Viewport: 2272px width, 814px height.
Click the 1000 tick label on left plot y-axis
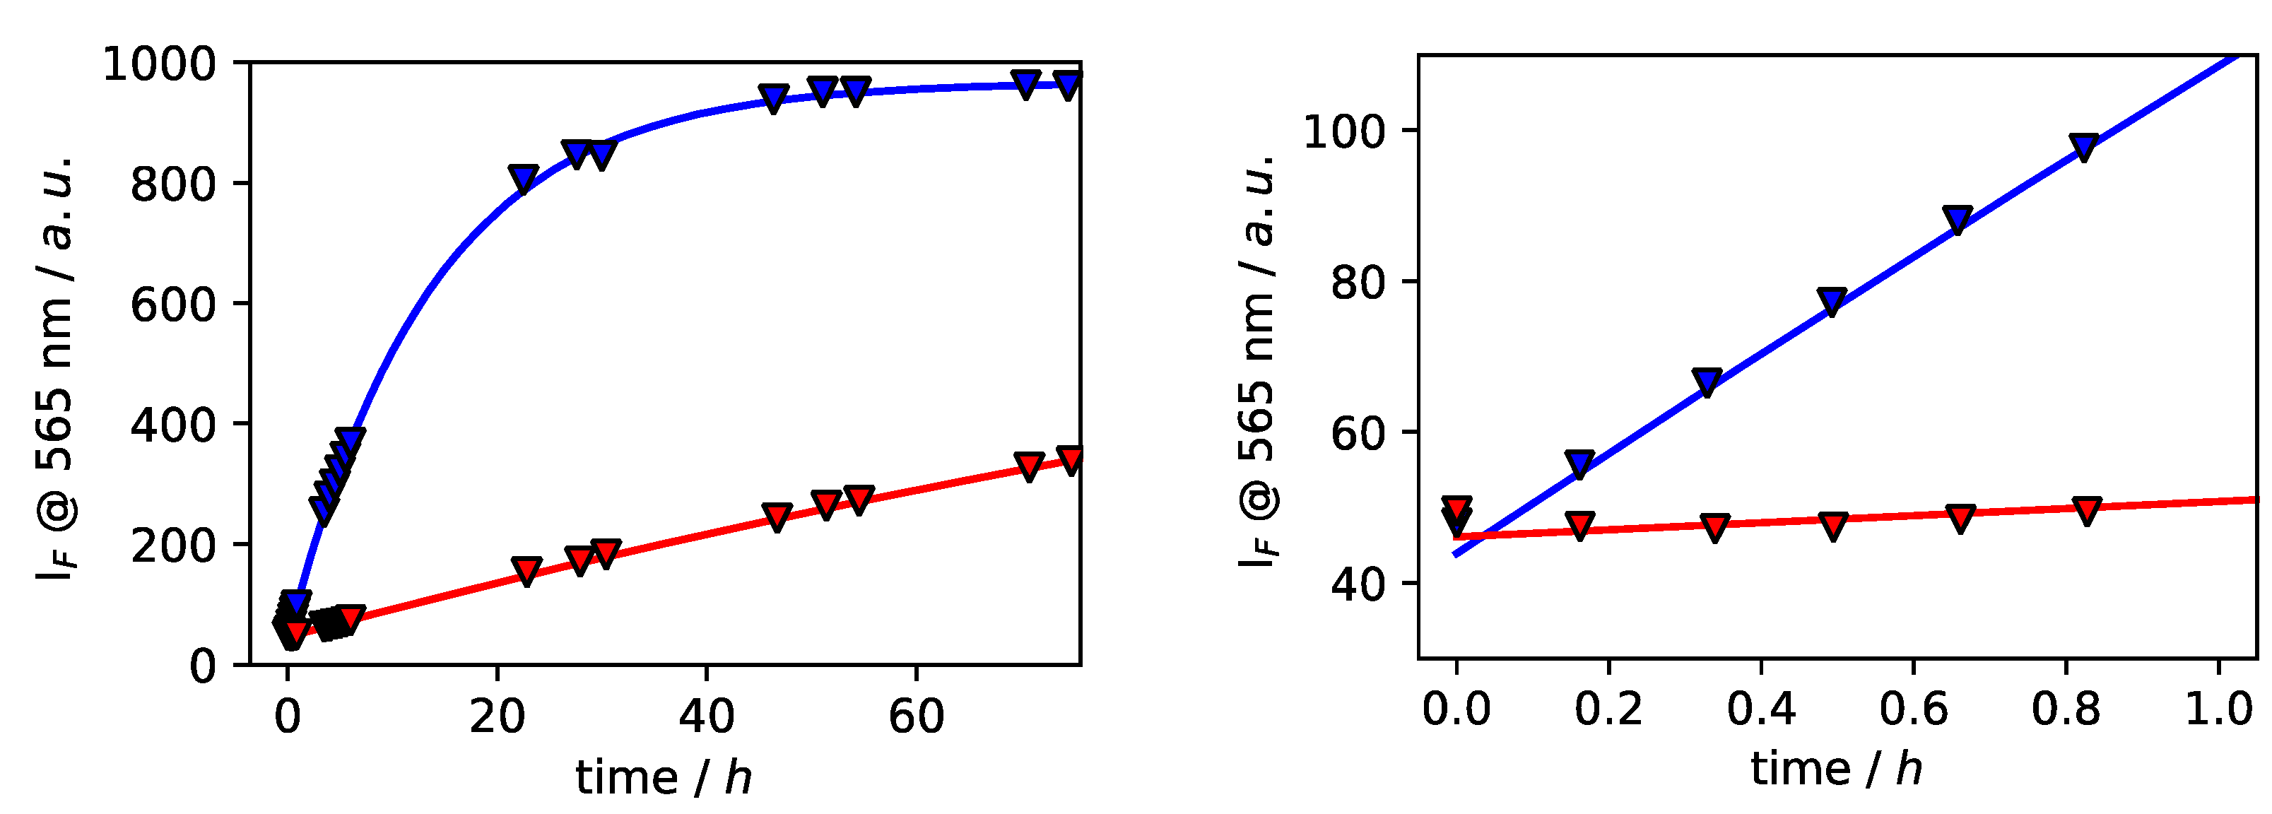(159, 64)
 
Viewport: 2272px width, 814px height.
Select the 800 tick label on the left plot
(173, 184)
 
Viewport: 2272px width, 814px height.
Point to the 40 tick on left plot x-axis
(707, 715)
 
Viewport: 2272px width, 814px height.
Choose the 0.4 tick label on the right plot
(1760, 708)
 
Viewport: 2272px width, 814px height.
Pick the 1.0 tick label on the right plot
(2218, 708)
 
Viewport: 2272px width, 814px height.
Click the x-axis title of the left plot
(664, 778)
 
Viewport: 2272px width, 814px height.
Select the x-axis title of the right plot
(1836, 769)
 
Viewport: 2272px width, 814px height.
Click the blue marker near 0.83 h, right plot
(2083, 146)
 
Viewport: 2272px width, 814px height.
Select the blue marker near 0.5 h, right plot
(1832, 301)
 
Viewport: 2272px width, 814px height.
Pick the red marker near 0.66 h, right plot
(1959, 518)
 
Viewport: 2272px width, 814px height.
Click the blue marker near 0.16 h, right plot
(1579, 464)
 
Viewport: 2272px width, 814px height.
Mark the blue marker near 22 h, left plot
(523, 178)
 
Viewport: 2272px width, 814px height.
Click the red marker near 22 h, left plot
(526, 571)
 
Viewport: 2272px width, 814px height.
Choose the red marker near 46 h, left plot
(776, 517)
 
